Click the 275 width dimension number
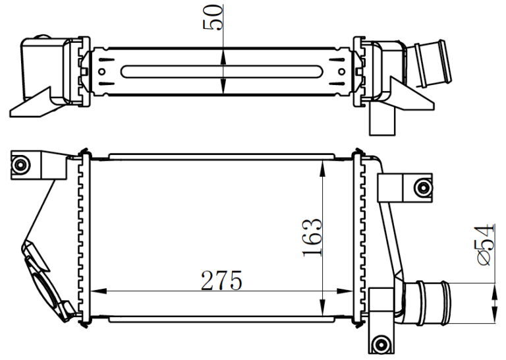point(221,281)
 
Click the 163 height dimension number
point(312,238)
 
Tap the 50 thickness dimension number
point(213,17)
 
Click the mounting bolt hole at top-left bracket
point(20,165)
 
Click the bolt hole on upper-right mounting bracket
point(423,187)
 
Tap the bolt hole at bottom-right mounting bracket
point(380,344)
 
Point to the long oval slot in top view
point(221,71)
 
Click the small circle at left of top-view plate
point(101,71)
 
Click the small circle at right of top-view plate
point(342,71)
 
